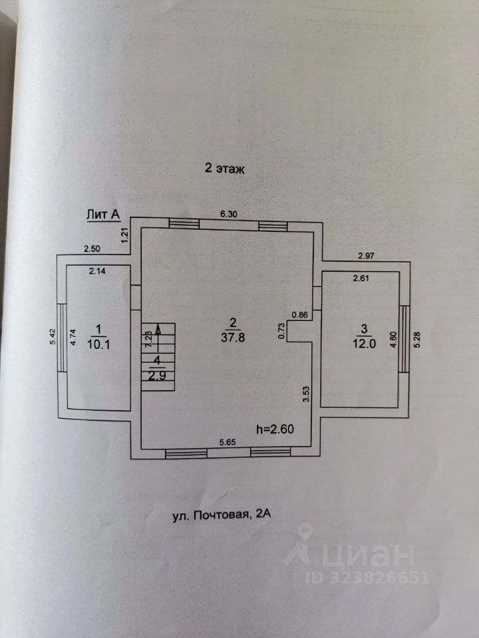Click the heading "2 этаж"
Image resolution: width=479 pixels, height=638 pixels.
click(225, 169)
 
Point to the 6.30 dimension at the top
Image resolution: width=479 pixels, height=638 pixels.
click(231, 214)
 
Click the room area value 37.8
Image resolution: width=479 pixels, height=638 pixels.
click(232, 337)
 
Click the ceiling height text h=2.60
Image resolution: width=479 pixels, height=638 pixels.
click(275, 429)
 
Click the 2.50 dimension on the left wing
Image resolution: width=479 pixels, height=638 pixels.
click(92, 249)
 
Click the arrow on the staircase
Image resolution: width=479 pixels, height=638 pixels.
click(158, 328)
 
